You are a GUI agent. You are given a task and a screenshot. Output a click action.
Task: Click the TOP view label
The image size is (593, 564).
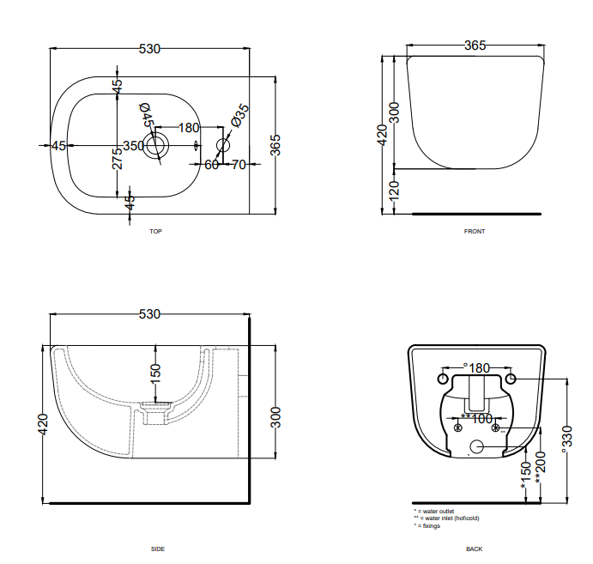[x=155, y=232]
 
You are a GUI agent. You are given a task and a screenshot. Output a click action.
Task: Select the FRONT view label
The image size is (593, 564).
[x=475, y=232]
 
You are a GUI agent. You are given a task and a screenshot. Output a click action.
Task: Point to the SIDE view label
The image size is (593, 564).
[x=157, y=549]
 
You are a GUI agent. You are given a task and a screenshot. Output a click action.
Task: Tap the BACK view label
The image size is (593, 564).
[x=475, y=549]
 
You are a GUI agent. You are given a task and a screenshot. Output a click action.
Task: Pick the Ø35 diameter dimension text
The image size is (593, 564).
[x=239, y=114]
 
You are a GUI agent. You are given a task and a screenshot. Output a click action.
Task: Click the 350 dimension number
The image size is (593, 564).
[x=133, y=146]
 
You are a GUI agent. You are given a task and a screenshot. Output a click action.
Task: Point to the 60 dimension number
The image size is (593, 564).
[x=210, y=164]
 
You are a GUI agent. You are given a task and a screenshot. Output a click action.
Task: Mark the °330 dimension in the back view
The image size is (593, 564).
[x=566, y=437]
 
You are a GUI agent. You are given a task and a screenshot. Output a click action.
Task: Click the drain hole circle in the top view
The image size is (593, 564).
[x=155, y=145]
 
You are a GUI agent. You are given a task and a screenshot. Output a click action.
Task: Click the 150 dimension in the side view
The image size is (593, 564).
[x=155, y=375]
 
